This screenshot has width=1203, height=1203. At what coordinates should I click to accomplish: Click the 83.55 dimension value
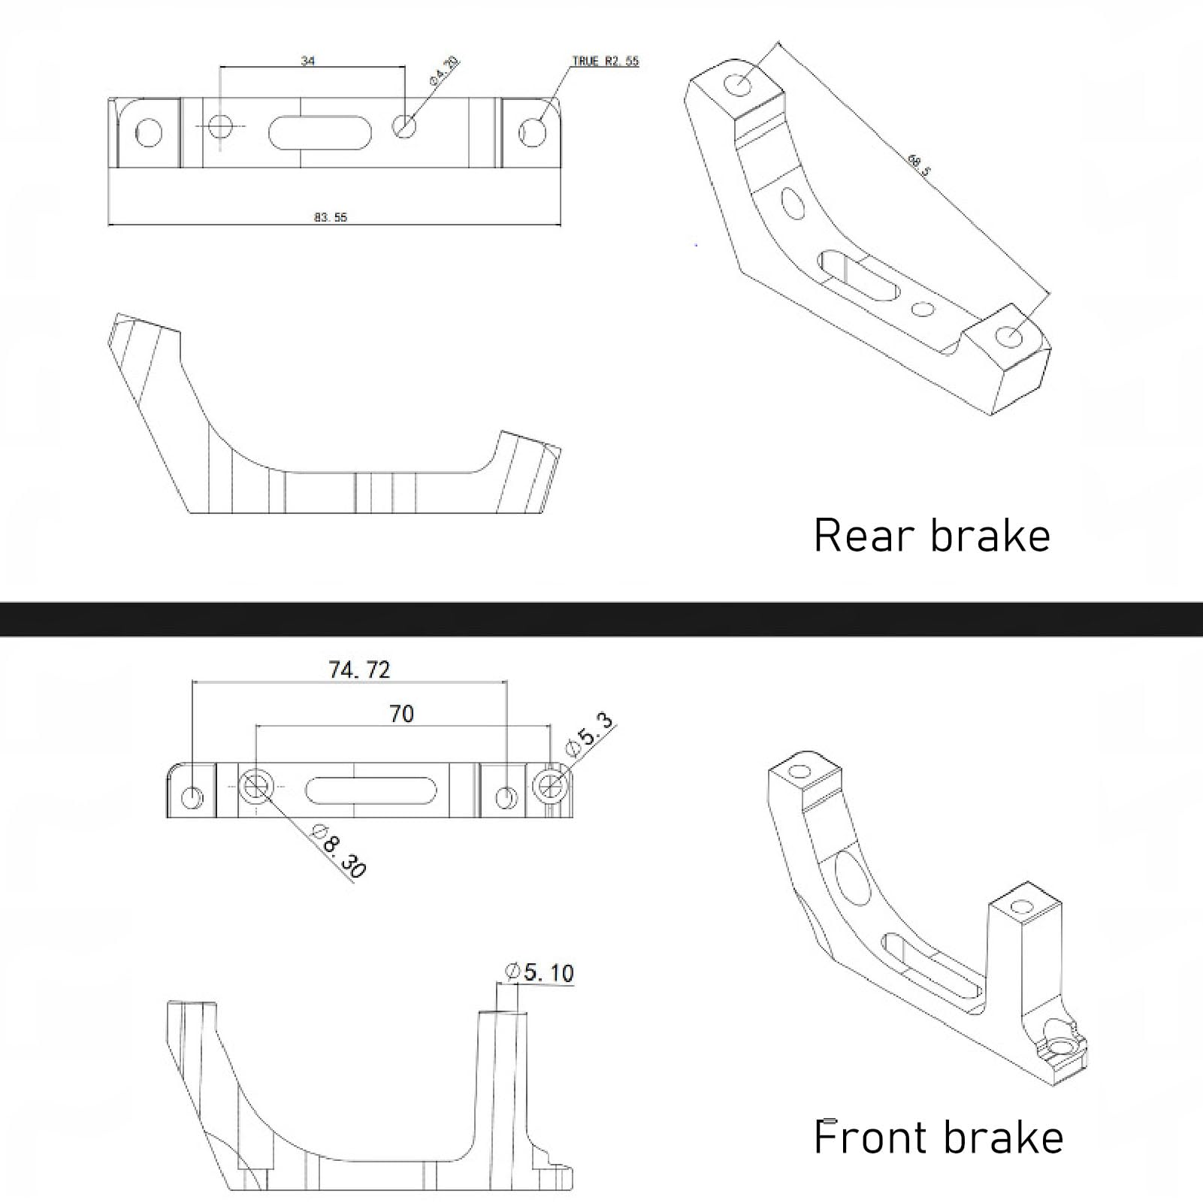click(x=331, y=217)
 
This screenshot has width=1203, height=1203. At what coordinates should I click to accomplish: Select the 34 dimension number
click(x=307, y=61)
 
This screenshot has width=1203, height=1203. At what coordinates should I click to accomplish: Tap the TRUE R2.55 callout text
click(x=605, y=61)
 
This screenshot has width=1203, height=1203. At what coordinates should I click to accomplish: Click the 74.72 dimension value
click(x=359, y=670)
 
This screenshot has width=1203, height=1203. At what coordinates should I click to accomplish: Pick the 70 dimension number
click(x=401, y=714)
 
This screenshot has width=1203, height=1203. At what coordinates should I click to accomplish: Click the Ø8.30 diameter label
click(x=339, y=850)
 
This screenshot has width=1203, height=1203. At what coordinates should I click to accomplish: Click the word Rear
click(x=863, y=537)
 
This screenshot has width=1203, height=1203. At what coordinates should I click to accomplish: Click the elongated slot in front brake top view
click(x=371, y=790)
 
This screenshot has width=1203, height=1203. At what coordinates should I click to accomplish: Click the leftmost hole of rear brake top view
click(x=149, y=133)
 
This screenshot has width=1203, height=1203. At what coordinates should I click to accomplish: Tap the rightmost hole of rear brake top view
click(x=533, y=133)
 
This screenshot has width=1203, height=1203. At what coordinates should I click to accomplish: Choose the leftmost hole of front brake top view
click(x=193, y=796)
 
